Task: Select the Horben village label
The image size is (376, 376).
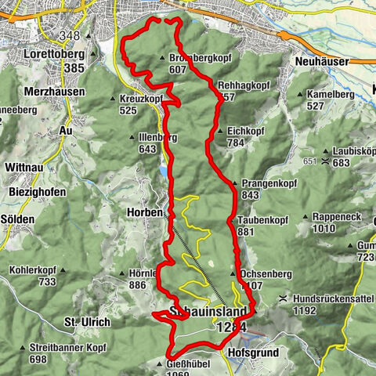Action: pos(141,211)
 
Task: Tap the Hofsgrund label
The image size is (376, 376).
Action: pos(250,353)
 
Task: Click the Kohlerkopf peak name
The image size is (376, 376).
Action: pos(31,270)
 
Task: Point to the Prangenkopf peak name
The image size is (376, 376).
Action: pos(265,183)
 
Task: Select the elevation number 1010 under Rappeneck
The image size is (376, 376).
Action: pos(329,229)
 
